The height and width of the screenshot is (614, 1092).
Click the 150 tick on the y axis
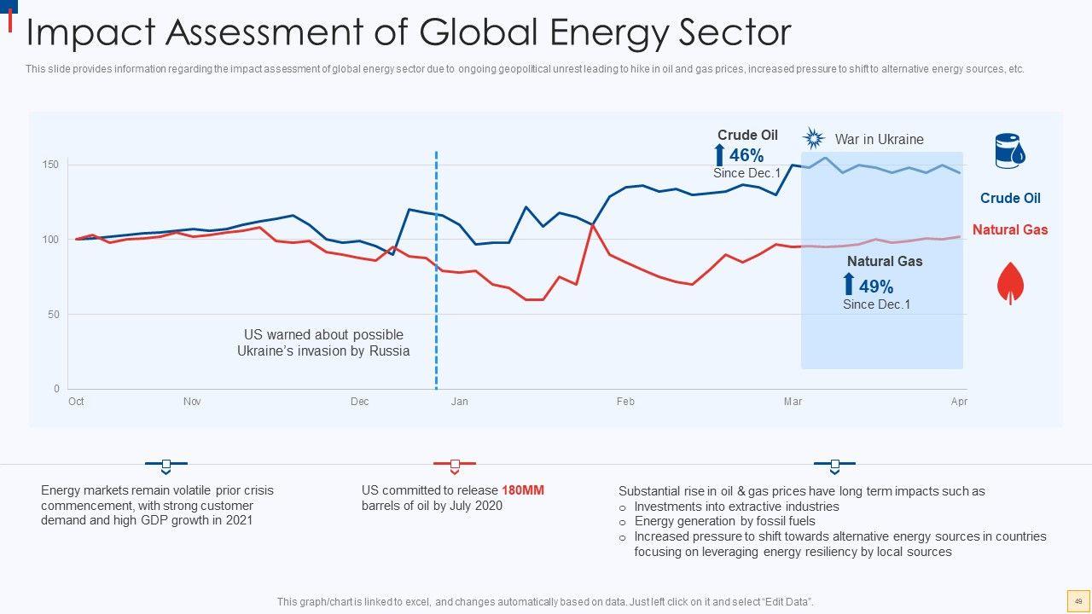[x=51, y=164]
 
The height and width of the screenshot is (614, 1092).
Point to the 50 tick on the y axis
[x=54, y=315]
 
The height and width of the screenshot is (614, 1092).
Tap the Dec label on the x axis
[x=359, y=402]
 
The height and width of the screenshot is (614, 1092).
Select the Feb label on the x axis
[x=625, y=402]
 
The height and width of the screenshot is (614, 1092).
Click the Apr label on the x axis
[x=959, y=402]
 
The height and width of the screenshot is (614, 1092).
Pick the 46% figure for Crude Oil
[x=746, y=155]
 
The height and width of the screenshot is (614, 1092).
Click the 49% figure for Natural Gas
[x=876, y=287]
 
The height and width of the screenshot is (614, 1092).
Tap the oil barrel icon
[x=1010, y=152]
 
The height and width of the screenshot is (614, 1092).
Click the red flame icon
[x=1011, y=283]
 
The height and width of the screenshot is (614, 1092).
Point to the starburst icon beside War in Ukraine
[x=814, y=139]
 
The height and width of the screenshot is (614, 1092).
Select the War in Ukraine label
[x=879, y=139]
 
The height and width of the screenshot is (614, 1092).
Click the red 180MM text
[x=522, y=490]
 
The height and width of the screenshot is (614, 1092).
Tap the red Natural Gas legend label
[x=1010, y=229]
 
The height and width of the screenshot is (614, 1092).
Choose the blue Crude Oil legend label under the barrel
[x=1010, y=198]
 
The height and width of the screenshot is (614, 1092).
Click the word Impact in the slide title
[x=89, y=33]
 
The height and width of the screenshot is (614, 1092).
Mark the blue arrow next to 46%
[x=719, y=155]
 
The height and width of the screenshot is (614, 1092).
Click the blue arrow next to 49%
[x=849, y=285]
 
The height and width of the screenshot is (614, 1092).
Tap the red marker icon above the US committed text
[x=455, y=465]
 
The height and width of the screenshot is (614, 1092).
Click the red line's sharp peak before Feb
[x=592, y=225]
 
